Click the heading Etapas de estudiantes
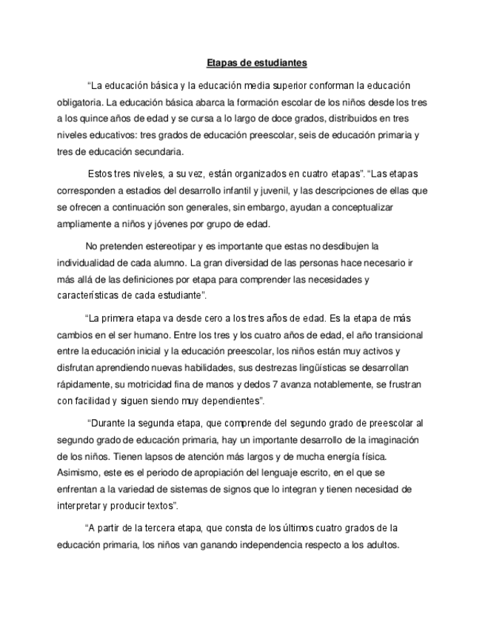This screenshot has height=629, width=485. tap(256, 63)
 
